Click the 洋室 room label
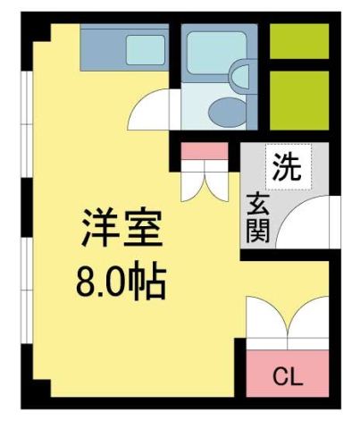pos(122,229)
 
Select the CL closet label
pos(287,376)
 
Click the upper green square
pos(299,41)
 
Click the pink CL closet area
pos(287,375)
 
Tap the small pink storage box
pos(205,151)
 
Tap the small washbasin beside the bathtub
pos(242,77)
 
